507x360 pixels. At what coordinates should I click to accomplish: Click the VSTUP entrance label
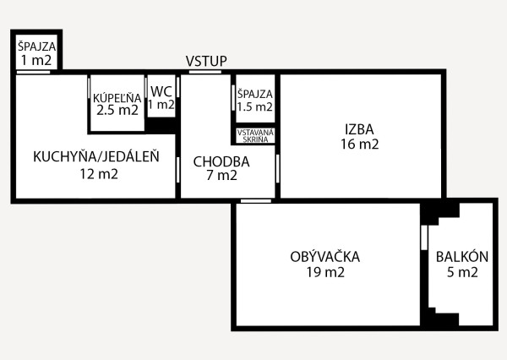(x=206, y=61)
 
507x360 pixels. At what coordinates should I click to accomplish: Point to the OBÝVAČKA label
(x=325, y=256)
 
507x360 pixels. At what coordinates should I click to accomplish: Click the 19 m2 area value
(x=325, y=272)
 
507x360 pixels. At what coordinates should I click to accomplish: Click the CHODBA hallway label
(x=221, y=161)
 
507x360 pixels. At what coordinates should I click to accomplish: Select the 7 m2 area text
(x=221, y=176)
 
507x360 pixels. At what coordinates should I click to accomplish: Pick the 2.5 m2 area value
(x=117, y=110)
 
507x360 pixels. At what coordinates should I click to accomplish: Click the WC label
(x=161, y=90)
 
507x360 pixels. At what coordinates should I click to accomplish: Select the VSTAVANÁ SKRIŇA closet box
(x=254, y=136)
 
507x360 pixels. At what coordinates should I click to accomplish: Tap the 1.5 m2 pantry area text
(x=255, y=107)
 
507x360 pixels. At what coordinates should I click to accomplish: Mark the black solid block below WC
(x=161, y=124)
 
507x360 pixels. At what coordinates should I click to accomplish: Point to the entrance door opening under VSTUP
(x=205, y=73)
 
